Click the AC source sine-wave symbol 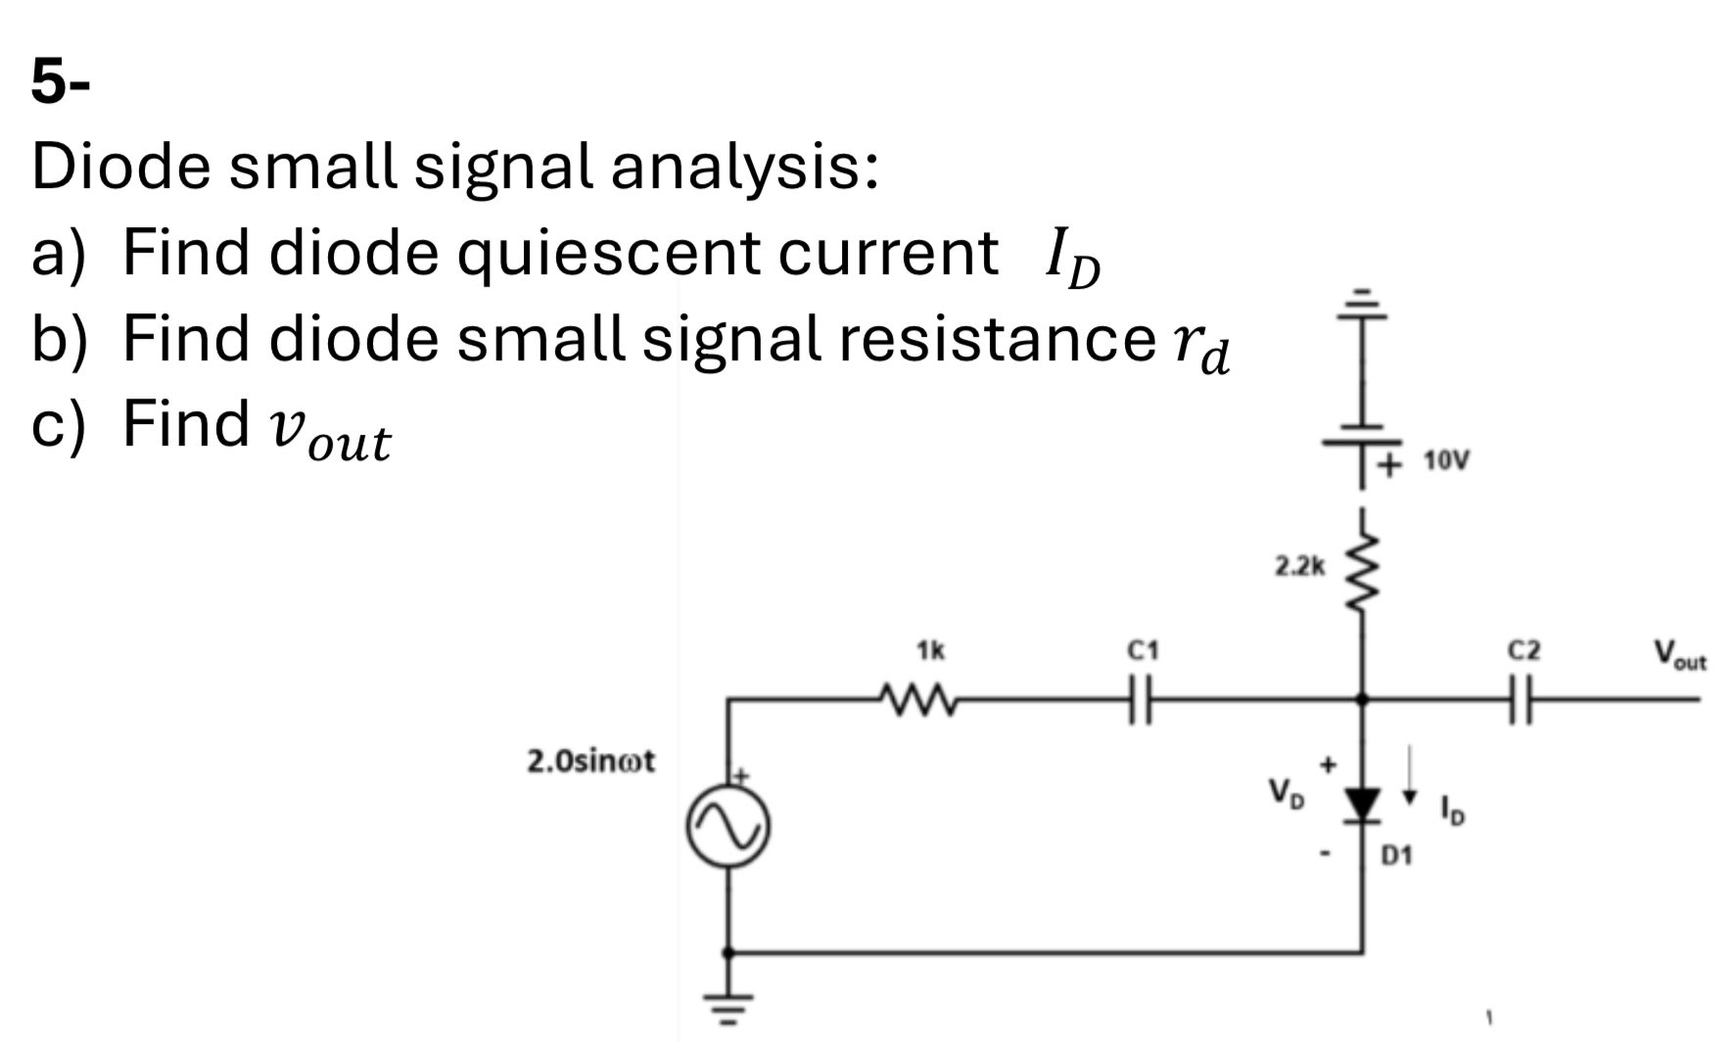pyautogui.click(x=727, y=828)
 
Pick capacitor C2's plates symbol pyautogui.click(x=1522, y=699)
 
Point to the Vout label pyautogui.click(x=1679, y=654)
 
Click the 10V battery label pyautogui.click(x=1446, y=460)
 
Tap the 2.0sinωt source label pyautogui.click(x=591, y=761)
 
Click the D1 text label pyautogui.click(x=1397, y=856)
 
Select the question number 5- pyautogui.click(x=60, y=80)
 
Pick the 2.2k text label pyautogui.click(x=1299, y=565)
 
